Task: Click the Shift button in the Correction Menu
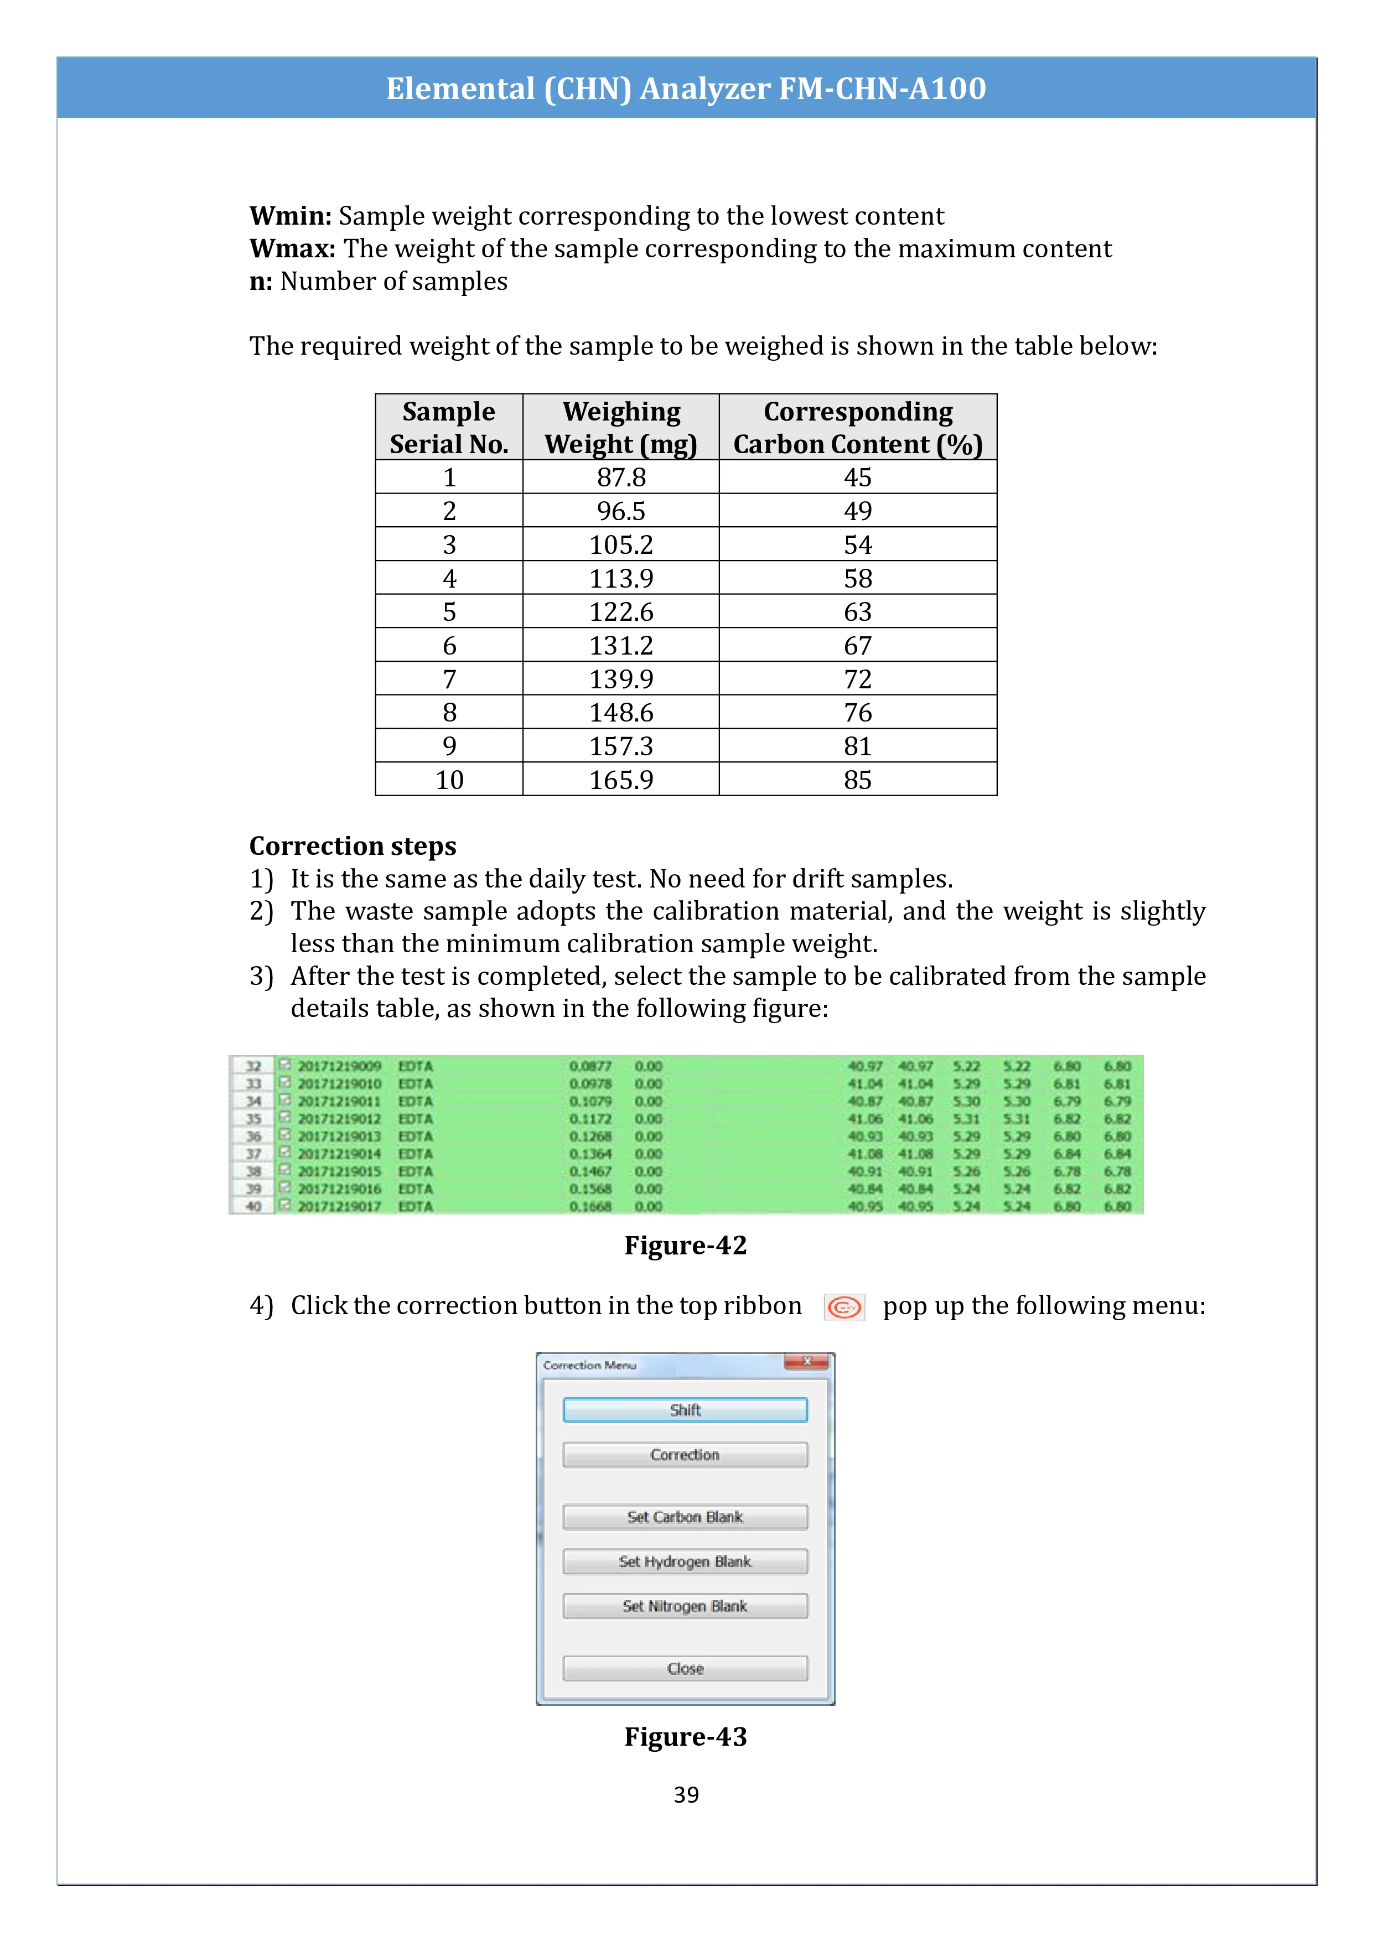click(685, 1410)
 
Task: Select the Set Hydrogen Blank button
click(685, 1561)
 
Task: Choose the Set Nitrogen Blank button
click(685, 1606)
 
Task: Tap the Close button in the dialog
click(685, 1669)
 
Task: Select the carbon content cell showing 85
click(857, 780)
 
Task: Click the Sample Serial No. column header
click(449, 428)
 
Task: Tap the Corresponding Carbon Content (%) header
click(857, 428)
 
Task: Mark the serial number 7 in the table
click(449, 679)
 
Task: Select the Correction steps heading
click(353, 846)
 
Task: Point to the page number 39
click(686, 1795)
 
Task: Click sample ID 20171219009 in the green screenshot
click(339, 1066)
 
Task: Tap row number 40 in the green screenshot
click(253, 1206)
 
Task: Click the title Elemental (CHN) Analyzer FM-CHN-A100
click(686, 88)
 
